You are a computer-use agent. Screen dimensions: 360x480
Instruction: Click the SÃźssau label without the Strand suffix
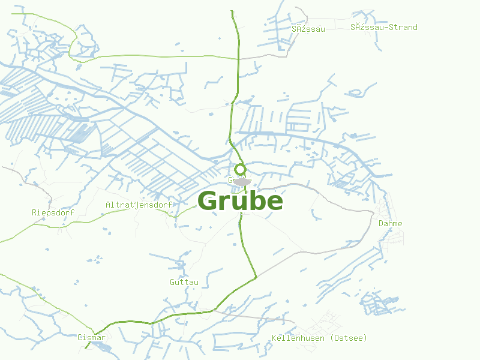pyautogui.click(x=308, y=28)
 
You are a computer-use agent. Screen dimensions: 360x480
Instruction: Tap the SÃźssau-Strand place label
pyautogui.click(x=384, y=27)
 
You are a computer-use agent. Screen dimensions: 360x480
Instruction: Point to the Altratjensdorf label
pyautogui.click(x=139, y=205)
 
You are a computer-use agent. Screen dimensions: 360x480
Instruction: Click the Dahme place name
pyautogui.click(x=390, y=223)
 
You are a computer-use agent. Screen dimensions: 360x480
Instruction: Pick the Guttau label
pyautogui.click(x=184, y=281)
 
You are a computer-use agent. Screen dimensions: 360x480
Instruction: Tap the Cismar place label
pyautogui.click(x=91, y=337)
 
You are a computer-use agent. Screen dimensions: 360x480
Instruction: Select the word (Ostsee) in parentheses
pyautogui.click(x=349, y=338)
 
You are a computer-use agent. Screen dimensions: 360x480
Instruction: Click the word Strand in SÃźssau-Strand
pyautogui.click(x=401, y=27)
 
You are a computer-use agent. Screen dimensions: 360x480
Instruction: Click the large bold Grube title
pyautogui.click(x=240, y=201)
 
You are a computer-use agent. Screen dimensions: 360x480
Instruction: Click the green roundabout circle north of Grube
pyautogui.click(x=240, y=169)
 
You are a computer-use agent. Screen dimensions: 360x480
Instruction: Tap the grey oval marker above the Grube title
pyautogui.click(x=242, y=181)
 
